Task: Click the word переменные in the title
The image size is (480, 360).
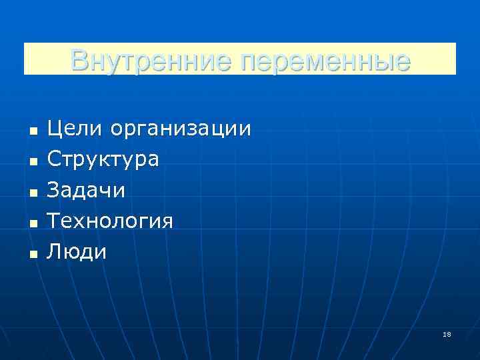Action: (325, 61)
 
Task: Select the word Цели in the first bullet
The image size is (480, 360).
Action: (74, 129)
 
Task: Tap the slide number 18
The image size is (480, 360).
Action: (447, 334)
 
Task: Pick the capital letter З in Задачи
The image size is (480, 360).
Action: (54, 190)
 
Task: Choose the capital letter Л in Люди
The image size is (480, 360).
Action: (55, 251)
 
